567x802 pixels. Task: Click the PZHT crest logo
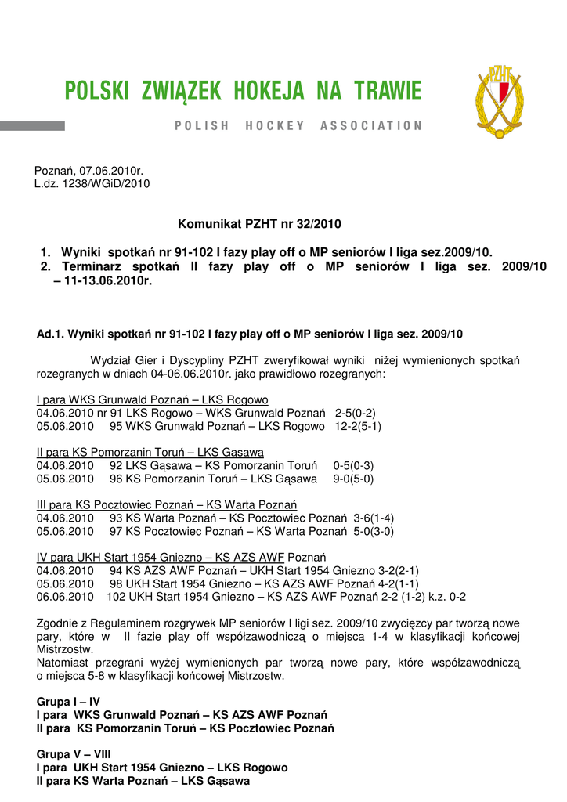pyautogui.click(x=499, y=102)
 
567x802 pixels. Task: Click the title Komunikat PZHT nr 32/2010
pyautogui.click(x=260, y=224)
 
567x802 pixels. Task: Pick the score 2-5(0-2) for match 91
pyautogui.click(x=356, y=413)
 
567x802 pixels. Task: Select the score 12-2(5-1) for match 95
pyautogui.click(x=358, y=426)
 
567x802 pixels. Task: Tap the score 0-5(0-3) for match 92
pyautogui.click(x=353, y=465)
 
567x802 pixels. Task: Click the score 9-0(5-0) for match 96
pyautogui.click(x=353, y=479)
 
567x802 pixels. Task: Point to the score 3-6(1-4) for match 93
pyautogui.click(x=374, y=518)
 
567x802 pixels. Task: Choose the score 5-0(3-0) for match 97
pyautogui.click(x=374, y=531)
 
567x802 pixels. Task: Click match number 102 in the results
pyautogui.click(x=116, y=596)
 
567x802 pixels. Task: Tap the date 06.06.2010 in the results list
pyautogui.click(x=65, y=596)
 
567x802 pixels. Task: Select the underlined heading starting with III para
pyautogui.click(x=167, y=504)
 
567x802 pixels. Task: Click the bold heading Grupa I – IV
pyautogui.click(x=68, y=702)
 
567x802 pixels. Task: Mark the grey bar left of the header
pyautogui.click(x=32, y=125)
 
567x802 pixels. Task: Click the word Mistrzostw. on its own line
pyautogui.click(x=65, y=649)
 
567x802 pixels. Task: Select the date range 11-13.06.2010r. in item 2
pyautogui.click(x=102, y=280)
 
